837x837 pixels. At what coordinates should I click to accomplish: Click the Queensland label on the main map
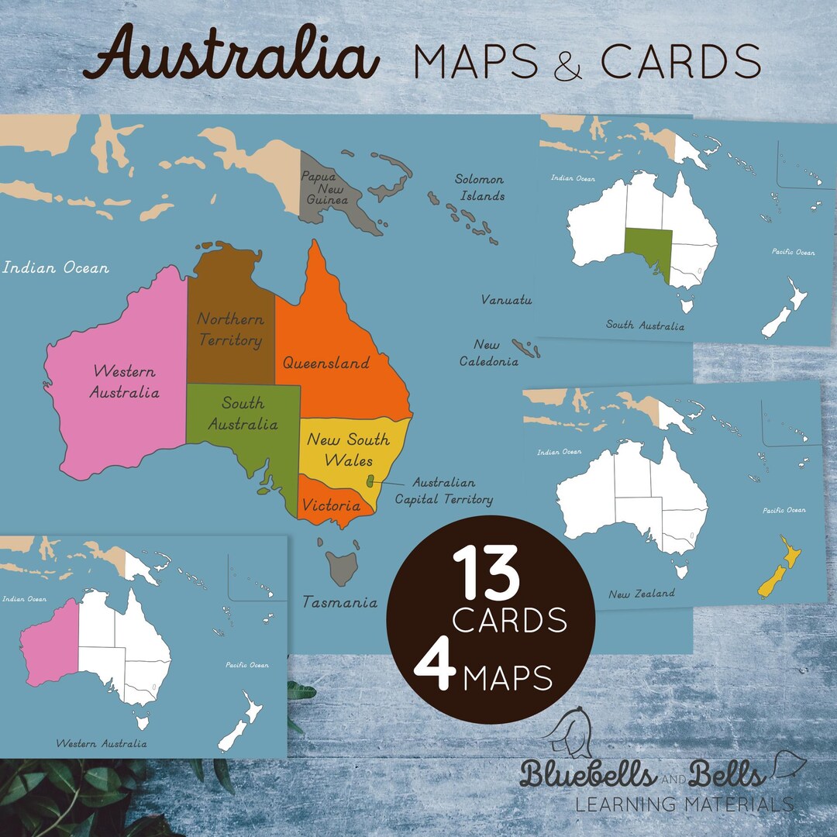(x=325, y=363)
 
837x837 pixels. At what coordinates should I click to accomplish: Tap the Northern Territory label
(x=230, y=329)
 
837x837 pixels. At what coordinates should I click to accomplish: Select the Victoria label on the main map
(x=332, y=506)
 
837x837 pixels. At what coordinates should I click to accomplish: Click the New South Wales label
(x=348, y=449)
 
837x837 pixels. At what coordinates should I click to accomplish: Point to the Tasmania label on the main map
(x=339, y=602)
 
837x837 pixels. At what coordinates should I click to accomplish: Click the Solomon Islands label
(x=480, y=188)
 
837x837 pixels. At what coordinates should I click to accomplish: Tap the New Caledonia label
(x=488, y=353)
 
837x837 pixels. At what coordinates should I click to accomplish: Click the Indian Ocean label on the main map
(x=56, y=268)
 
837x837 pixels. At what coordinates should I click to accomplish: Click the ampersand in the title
(x=569, y=65)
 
